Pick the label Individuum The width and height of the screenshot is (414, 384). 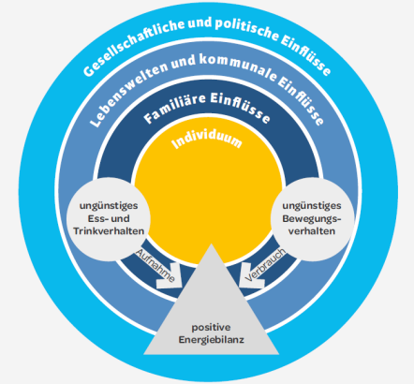point(207,140)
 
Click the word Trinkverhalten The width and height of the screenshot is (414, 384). point(109,231)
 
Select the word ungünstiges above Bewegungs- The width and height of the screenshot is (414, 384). point(312,206)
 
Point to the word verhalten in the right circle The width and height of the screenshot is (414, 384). point(312,231)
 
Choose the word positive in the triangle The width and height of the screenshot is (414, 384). point(211,328)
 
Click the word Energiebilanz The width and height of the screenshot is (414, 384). point(211,340)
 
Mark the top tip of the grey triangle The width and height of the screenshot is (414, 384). point(212,244)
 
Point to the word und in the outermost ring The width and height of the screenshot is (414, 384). point(204,23)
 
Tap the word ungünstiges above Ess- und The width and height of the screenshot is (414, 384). point(109,206)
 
